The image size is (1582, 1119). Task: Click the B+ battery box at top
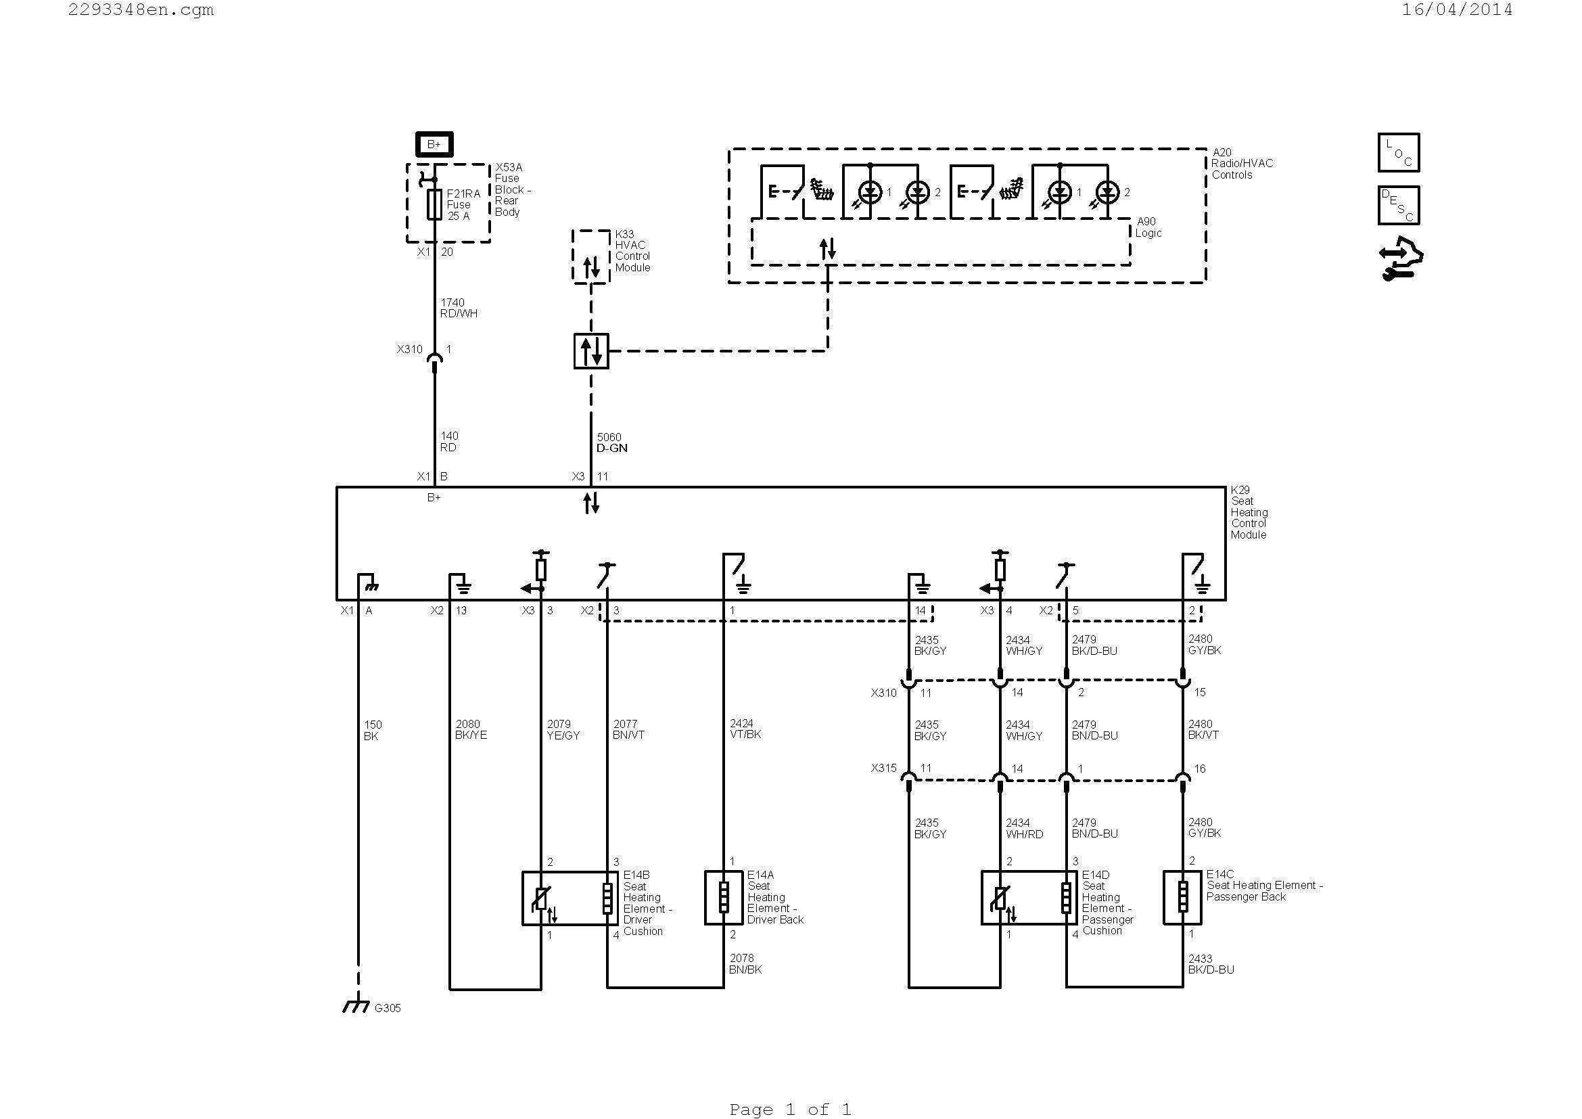coord(434,144)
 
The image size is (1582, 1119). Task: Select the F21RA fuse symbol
coord(434,204)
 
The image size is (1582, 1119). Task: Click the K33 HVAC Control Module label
coord(632,251)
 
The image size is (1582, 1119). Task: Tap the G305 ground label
coord(388,1008)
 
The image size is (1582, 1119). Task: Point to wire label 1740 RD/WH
coord(458,308)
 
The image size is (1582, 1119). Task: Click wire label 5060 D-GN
coord(611,442)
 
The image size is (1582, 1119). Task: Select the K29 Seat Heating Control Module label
coord(1249,513)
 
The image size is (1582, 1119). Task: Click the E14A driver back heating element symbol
coord(723,898)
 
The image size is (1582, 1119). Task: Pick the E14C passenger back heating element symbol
coord(1182,898)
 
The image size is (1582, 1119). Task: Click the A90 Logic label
coord(1148,227)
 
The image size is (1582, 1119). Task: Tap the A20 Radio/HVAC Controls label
coord(1242,163)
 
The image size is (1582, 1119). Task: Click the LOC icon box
coord(1398,152)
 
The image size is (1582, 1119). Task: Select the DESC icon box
coord(1398,206)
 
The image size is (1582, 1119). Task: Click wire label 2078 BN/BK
coord(745,964)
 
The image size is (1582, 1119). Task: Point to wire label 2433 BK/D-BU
coord(1211,964)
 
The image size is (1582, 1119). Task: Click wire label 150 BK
coord(372,731)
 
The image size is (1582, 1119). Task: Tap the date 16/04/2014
coord(1457,9)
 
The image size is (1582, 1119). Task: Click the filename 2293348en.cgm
coord(141,9)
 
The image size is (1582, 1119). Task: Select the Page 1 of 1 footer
coord(789,1109)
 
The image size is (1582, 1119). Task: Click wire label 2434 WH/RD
coord(1024,828)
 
